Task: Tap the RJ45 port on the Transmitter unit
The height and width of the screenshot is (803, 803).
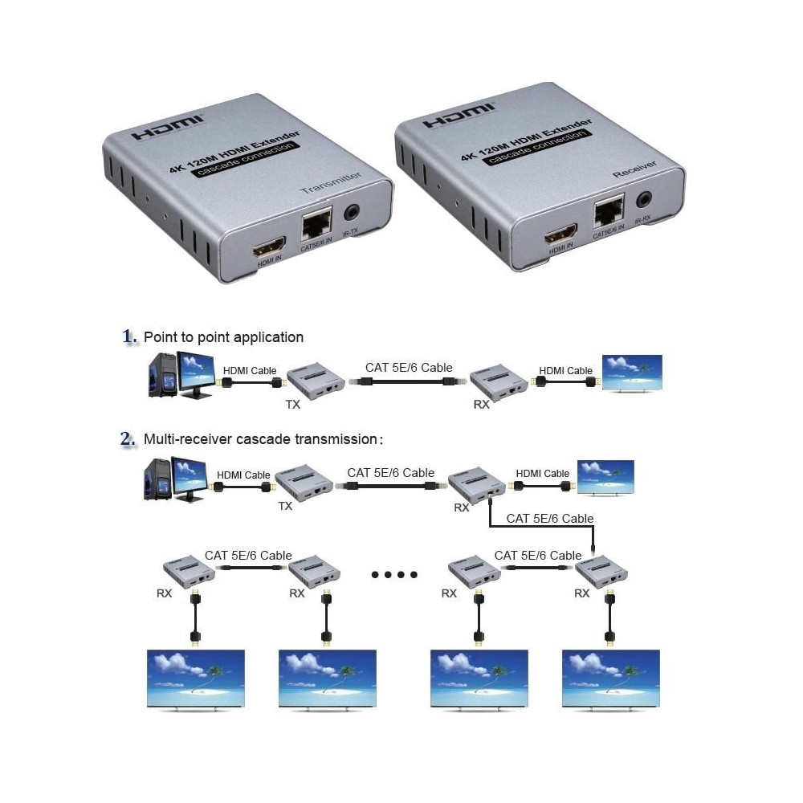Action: (317, 223)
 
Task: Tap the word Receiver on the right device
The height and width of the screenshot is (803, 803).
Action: (634, 169)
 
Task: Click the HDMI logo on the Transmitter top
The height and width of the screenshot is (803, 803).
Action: (169, 128)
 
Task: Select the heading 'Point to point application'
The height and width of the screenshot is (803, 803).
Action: (223, 337)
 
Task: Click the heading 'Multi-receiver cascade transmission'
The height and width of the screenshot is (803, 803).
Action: (260, 439)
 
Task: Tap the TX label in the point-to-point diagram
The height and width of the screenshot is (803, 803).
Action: (292, 405)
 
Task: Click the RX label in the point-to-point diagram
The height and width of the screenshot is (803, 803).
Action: (481, 405)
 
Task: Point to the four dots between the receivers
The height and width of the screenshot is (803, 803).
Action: (394, 575)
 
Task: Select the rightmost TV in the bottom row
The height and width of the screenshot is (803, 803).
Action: (611, 679)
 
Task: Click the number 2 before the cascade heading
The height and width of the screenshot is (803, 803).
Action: (127, 439)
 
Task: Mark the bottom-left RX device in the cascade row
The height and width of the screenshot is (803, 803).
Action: (188, 571)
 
